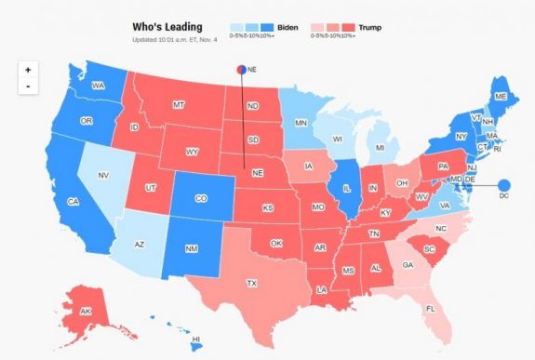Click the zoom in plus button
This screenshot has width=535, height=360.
(29, 70)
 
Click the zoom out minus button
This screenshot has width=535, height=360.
(29, 87)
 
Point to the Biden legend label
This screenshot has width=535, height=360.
(289, 27)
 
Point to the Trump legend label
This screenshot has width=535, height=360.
(370, 27)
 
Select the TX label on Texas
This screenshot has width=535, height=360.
(251, 282)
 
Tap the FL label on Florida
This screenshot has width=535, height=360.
(430, 308)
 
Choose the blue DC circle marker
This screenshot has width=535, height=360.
(506, 185)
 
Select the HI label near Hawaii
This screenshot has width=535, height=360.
(195, 340)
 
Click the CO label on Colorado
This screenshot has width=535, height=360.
(203, 198)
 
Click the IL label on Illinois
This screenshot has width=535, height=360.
(345, 187)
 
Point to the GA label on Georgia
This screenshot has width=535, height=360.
(408, 264)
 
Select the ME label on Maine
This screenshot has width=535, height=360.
(501, 96)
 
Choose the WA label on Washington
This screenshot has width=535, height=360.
(96, 87)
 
